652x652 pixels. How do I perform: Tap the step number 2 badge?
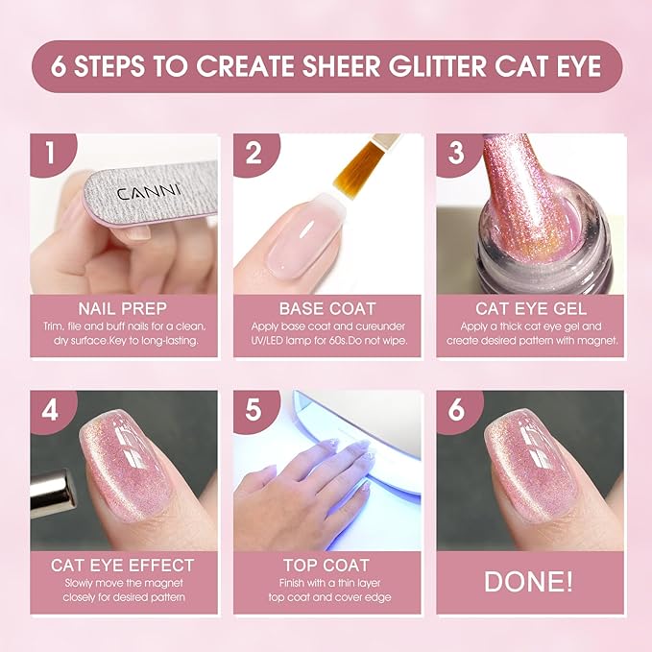(x=252, y=153)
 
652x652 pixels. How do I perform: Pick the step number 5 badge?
(x=252, y=408)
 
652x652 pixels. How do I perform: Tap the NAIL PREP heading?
(x=122, y=309)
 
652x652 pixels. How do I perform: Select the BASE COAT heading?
(x=326, y=309)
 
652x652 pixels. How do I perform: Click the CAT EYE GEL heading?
(x=529, y=309)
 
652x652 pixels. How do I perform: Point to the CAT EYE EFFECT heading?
(x=122, y=565)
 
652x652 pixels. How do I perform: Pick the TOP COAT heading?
(x=326, y=565)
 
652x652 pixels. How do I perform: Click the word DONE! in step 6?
(x=529, y=582)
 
